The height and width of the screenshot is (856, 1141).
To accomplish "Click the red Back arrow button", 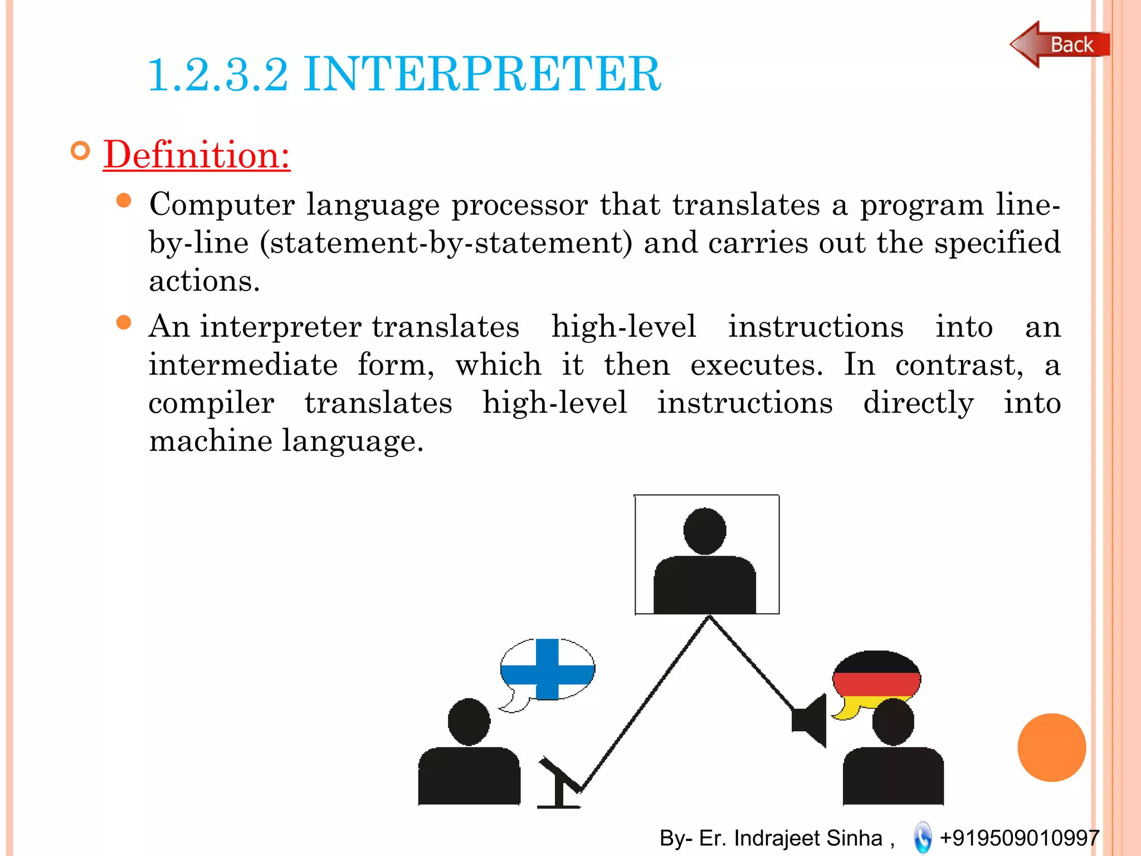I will tap(1059, 45).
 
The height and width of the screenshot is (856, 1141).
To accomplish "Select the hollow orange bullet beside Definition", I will tap(81, 150).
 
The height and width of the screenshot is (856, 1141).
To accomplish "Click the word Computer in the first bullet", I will tap(222, 205).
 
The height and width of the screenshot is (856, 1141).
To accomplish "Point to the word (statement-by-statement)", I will tap(446, 243).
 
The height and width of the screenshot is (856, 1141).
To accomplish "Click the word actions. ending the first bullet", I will tap(204, 281).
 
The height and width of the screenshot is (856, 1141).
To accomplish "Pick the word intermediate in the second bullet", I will tap(243, 365).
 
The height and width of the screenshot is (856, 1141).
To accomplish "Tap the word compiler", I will tap(211, 403).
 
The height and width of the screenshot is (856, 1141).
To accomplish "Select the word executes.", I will tap(756, 365).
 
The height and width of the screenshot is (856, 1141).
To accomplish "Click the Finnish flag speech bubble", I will tap(547, 669).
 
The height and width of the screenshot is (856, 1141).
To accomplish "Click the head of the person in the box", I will tap(705, 531).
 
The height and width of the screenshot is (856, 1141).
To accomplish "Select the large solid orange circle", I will tap(1051, 747).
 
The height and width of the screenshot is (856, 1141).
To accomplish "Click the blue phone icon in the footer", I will tap(923, 838).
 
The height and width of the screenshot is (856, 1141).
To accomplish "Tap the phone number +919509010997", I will tap(1019, 838).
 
